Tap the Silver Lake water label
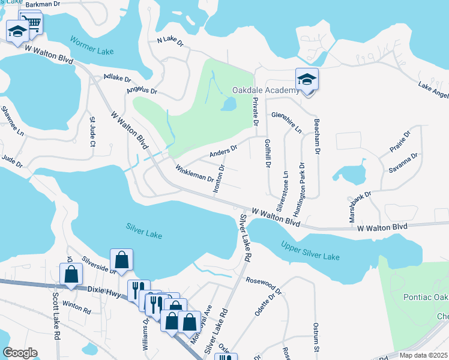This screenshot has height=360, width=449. point(144,228)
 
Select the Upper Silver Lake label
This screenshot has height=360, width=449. point(310,252)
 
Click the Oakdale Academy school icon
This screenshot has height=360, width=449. point(307,80)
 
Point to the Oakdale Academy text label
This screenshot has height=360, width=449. point(265,91)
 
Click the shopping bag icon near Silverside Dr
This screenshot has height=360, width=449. point(121,260)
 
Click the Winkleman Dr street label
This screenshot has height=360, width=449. point(194,174)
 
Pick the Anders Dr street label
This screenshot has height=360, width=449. point(223,151)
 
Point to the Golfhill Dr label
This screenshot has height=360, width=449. point(268,151)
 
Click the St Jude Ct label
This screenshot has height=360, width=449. point(92,133)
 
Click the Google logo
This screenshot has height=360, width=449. point(20,352)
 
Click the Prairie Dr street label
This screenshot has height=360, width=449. point(399,142)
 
